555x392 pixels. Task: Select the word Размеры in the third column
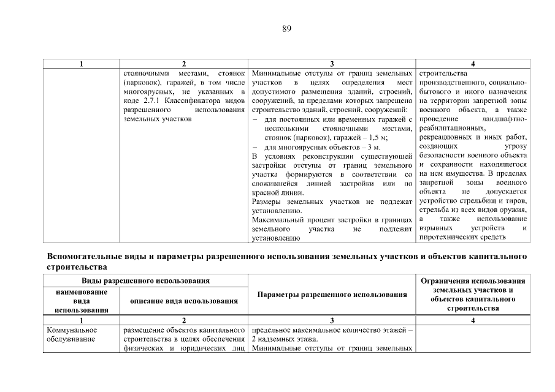267,201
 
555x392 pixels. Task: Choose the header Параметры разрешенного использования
332,295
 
